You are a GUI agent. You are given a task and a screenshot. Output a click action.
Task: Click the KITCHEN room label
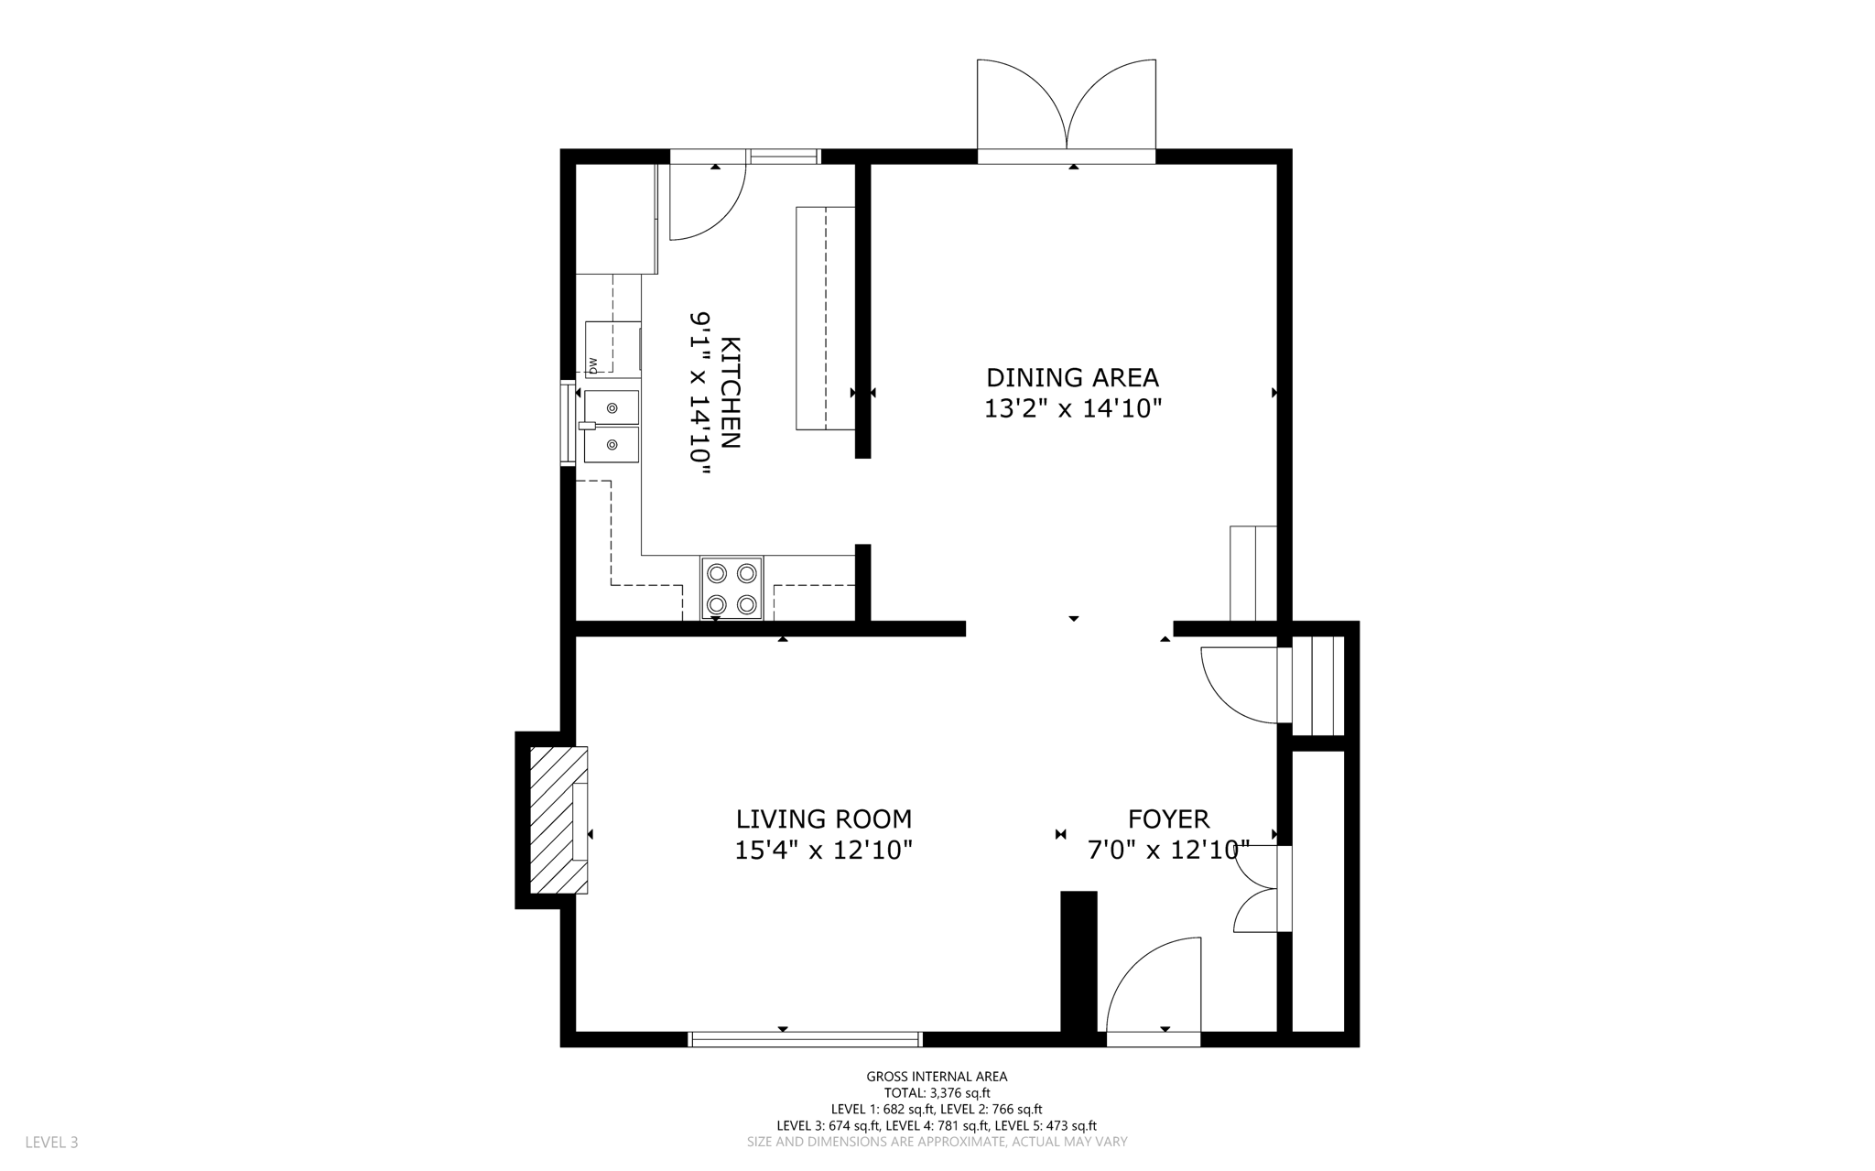coord(731,393)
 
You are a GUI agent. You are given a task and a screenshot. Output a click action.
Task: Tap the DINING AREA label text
coord(1072,377)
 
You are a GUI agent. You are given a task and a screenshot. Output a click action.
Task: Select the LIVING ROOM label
coord(824,819)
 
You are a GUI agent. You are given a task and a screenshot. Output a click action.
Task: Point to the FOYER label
coord(1168,819)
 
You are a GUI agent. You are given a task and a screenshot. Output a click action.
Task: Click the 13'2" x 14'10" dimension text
coord(1072,408)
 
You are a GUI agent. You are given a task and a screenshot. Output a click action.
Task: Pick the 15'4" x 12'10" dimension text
coord(824,851)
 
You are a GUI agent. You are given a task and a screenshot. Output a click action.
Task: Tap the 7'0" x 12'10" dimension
coord(1168,851)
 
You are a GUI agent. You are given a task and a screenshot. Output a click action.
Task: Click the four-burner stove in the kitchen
coord(732,589)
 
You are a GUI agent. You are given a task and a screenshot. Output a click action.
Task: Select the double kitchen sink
coord(612,427)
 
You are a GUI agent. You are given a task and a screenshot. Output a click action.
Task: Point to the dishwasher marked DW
coord(612,348)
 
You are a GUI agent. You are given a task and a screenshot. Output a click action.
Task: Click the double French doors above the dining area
coord(1067,110)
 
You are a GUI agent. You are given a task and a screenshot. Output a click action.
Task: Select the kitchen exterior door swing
coord(708,201)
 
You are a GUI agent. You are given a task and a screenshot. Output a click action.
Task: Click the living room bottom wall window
coord(805,1039)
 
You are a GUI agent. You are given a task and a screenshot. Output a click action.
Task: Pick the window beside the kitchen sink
coord(568,423)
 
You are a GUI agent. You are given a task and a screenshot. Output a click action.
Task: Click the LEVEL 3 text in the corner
coord(51,1143)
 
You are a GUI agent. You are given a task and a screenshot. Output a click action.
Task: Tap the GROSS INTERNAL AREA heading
coord(937,1077)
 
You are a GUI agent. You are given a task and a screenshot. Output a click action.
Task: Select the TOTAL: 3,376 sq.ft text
coord(937,1093)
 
